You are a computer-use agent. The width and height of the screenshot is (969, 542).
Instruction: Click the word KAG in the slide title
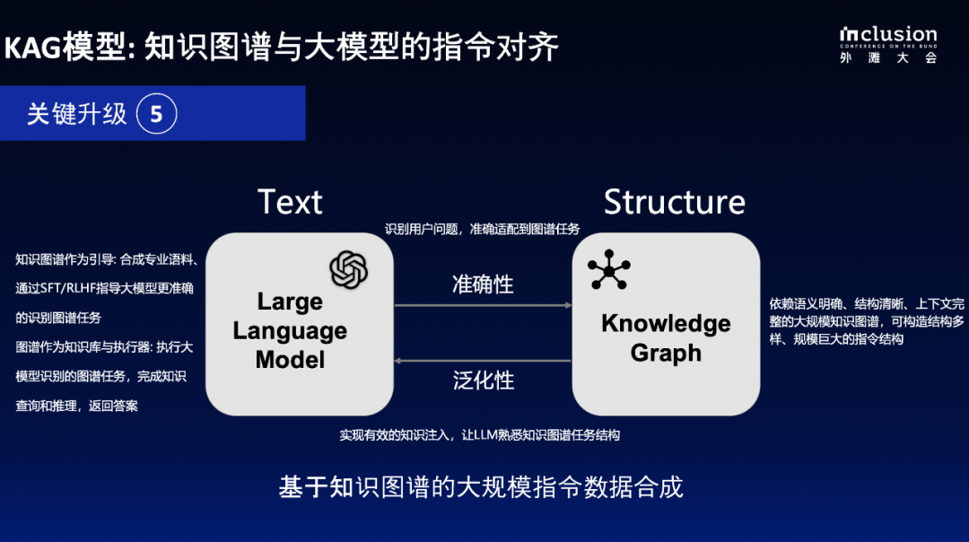(x=34, y=48)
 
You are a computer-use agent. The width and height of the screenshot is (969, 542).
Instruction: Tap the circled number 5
(x=157, y=114)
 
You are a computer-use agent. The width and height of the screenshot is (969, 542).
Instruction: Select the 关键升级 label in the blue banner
(x=76, y=114)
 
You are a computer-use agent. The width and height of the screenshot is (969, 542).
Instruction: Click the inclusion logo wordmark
(x=888, y=36)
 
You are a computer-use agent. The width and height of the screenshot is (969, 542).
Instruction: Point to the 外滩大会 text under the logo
(x=888, y=57)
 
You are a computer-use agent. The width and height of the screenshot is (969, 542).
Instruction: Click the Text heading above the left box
(x=290, y=202)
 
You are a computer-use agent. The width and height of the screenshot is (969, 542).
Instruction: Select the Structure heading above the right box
(x=674, y=202)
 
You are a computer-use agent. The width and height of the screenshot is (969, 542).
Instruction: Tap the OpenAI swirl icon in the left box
(x=349, y=269)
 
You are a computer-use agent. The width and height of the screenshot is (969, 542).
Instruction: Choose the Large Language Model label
(x=290, y=330)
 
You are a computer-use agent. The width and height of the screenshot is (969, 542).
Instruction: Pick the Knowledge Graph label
(x=666, y=337)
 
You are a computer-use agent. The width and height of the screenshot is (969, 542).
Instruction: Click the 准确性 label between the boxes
(x=483, y=284)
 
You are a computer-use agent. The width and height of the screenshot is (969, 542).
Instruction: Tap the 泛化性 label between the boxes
(x=483, y=380)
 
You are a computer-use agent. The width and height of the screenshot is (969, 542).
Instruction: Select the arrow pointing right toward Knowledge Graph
(x=483, y=306)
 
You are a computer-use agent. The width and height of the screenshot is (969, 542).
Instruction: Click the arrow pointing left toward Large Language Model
(x=483, y=360)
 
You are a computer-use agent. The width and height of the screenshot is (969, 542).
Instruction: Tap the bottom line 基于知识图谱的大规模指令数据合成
(x=481, y=487)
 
